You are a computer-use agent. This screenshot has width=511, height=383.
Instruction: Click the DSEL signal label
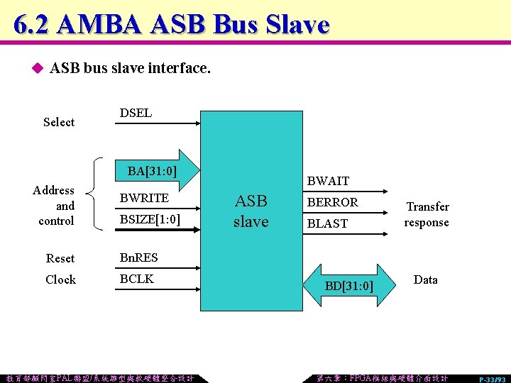[136, 113]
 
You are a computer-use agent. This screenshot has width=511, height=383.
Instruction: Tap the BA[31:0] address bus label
[152, 170]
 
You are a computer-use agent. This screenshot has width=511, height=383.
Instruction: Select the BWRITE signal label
[144, 198]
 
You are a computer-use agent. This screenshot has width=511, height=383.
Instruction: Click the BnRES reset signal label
[139, 257]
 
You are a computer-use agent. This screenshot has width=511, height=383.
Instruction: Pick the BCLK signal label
[137, 279]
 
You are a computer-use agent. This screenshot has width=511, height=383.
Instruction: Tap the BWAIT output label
[328, 182]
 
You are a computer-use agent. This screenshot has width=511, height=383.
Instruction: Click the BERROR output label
[332, 202]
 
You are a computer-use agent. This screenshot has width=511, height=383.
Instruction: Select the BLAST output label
[327, 223]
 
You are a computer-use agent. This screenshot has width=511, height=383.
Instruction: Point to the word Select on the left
[58, 122]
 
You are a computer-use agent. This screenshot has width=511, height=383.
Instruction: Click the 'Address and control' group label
[55, 206]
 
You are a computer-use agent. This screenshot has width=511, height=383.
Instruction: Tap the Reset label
[60, 258]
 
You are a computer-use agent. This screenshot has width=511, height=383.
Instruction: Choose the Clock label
[60, 279]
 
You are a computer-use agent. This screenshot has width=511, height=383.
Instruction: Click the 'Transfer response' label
[427, 214]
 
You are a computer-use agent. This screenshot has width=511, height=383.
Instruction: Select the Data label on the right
[425, 279]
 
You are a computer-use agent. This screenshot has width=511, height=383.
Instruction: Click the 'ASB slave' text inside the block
[251, 211]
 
